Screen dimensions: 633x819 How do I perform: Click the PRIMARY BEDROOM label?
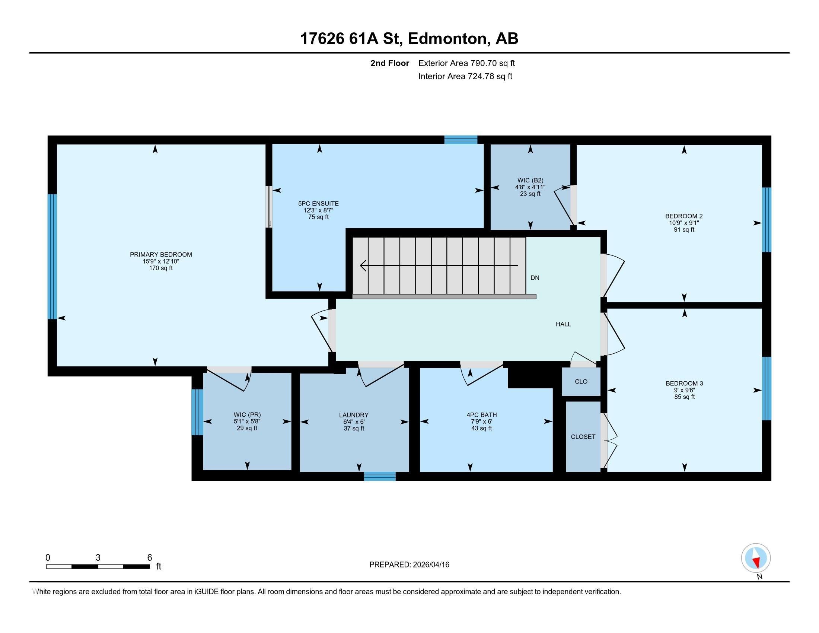(161, 255)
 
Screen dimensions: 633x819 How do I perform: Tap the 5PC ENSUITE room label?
(318, 204)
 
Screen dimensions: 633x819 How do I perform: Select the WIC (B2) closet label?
(530, 180)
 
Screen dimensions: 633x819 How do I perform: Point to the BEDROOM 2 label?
(683, 216)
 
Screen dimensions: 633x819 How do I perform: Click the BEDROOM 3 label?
(684, 383)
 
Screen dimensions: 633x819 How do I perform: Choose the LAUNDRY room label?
(354, 415)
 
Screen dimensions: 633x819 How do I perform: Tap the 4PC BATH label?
(481, 415)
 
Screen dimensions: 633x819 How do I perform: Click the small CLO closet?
(581, 382)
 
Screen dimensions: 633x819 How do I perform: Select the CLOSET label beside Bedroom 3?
(583, 437)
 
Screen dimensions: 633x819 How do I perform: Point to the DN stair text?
(535, 278)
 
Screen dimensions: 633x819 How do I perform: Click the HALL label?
(563, 324)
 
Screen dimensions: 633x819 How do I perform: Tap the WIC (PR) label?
(247, 415)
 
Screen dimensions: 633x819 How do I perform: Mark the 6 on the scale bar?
(150, 558)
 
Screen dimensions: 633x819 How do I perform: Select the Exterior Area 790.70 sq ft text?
(466, 63)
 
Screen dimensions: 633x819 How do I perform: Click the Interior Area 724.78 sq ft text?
(465, 76)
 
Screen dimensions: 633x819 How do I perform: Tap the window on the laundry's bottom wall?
(379, 476)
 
